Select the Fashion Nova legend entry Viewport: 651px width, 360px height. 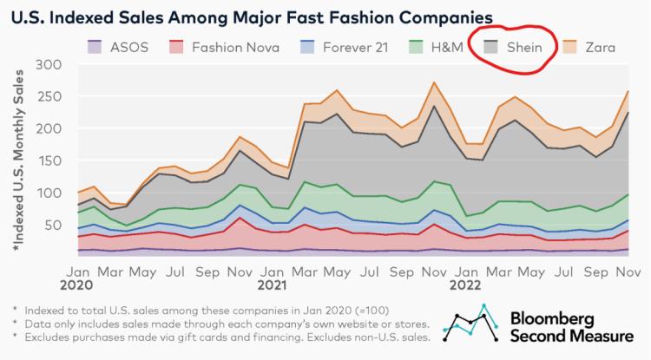click(x=217, y=45)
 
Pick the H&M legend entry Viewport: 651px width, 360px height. click(x=426, y=45)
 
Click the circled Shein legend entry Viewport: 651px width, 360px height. click(x=511, y=45)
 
